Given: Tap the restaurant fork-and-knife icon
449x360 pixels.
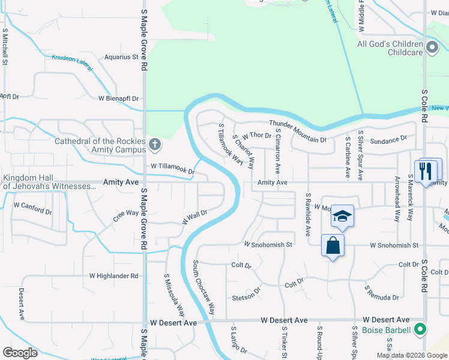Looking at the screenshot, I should [427, 170].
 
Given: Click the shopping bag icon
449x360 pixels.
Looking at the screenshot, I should [333, 245].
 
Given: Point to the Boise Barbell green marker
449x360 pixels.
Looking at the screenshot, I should [421, 329].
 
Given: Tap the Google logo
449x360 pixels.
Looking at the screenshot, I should [20, 352].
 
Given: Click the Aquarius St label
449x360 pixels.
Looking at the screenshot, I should [121, 58].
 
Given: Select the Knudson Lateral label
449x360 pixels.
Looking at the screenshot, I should [72, 62].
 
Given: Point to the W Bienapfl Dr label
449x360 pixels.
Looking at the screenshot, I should [119, 98].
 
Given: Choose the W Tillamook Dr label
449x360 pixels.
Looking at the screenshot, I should [173, 168].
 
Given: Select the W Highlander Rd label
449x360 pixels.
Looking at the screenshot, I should [114, 276].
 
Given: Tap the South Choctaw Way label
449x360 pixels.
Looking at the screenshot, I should [204, 288].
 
